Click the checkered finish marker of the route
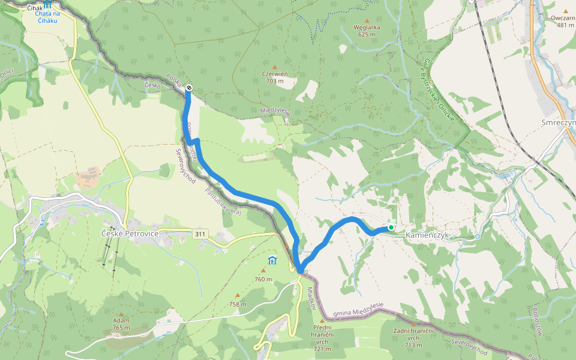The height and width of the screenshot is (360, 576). coord(189,89)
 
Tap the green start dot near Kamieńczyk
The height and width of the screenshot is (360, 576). coord(391,227)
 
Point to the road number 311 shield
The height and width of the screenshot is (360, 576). coord(200,232)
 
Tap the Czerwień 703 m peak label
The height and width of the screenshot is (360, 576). coord(275,77)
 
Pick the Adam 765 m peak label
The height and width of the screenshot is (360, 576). coord(121,324)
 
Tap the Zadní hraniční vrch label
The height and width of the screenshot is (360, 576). coord(413,338)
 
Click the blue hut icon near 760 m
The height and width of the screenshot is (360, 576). coord(272,260)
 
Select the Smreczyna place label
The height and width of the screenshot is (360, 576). coord(558,123)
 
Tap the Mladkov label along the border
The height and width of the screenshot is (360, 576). coord(311,297)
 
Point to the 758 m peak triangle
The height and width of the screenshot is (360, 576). coord(237,295)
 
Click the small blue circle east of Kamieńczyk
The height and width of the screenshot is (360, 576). coord(478,236)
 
